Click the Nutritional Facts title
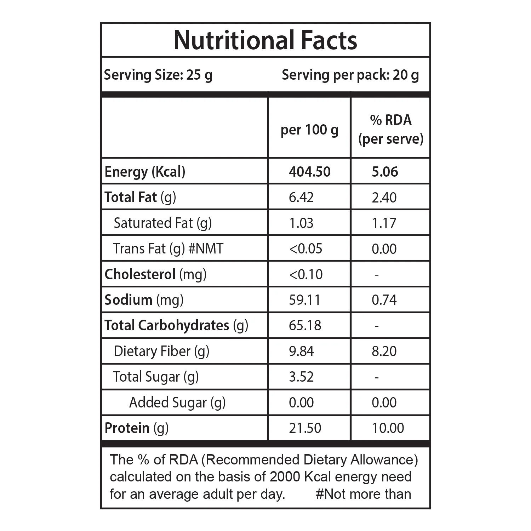[265, 40]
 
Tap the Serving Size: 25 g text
[158, 75]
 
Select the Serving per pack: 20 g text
[350, 75]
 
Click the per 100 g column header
[309, 130]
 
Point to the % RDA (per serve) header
[391, 130]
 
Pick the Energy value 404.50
[310, 172]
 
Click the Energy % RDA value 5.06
[385, 172]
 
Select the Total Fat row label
[140, 198]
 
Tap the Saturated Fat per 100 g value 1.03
[301, 223]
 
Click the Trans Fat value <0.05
[306, 249]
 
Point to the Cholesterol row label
[155, 274]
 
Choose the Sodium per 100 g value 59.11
[304, 300]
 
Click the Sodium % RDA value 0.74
[384, 300]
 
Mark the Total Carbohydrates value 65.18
[305, 325]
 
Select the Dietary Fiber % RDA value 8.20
[384, 351]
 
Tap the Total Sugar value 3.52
[301, 377]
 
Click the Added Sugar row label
[177, 403]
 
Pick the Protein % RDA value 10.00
[388, 428]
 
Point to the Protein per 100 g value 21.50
[305, 428]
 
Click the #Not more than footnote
[364, 494]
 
